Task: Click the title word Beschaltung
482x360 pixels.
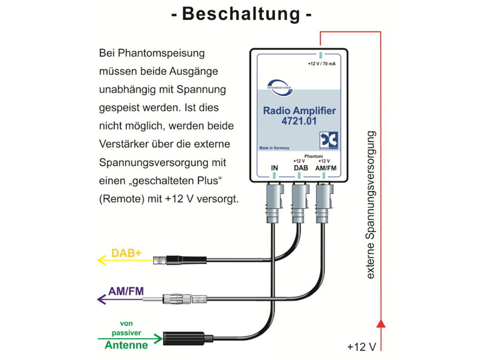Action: click(241, 14)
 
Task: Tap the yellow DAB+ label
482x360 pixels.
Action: click(126, 253)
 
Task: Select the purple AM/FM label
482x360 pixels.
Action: click(126, 291)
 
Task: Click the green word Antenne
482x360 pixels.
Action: click(126, 345)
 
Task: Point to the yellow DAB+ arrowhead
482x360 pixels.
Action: click(102, 261)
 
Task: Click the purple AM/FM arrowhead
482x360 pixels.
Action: click(102, 299)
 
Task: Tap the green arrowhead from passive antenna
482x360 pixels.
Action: click(158, 338)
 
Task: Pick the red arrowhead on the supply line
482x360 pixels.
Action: click(381, 324)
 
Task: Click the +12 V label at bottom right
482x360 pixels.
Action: click(362, 347)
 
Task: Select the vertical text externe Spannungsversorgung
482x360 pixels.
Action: click(370, 205)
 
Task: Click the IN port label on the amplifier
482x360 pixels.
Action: click(274, 168)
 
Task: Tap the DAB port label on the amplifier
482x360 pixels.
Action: click(301, 168)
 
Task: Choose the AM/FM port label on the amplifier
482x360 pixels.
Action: click(325, 168)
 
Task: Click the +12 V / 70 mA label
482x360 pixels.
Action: click(322, 64)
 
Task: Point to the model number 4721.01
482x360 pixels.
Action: click(299, 121)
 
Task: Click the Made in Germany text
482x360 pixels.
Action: click(274, 148)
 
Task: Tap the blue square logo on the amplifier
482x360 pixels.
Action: click(328, 141)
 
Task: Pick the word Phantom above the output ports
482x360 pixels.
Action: click(313, 156)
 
